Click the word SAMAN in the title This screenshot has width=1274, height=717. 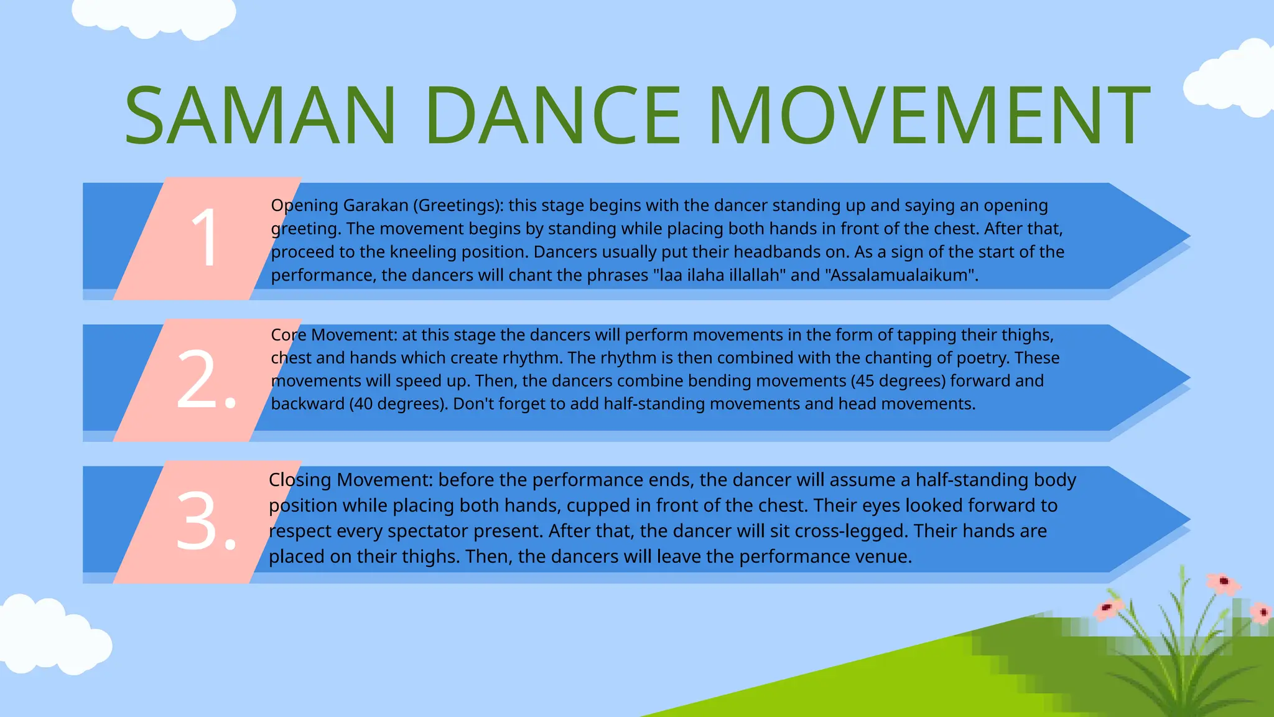click(260, 116)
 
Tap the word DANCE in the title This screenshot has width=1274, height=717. click(554, 116)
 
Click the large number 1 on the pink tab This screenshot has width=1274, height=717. click(205, 238)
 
